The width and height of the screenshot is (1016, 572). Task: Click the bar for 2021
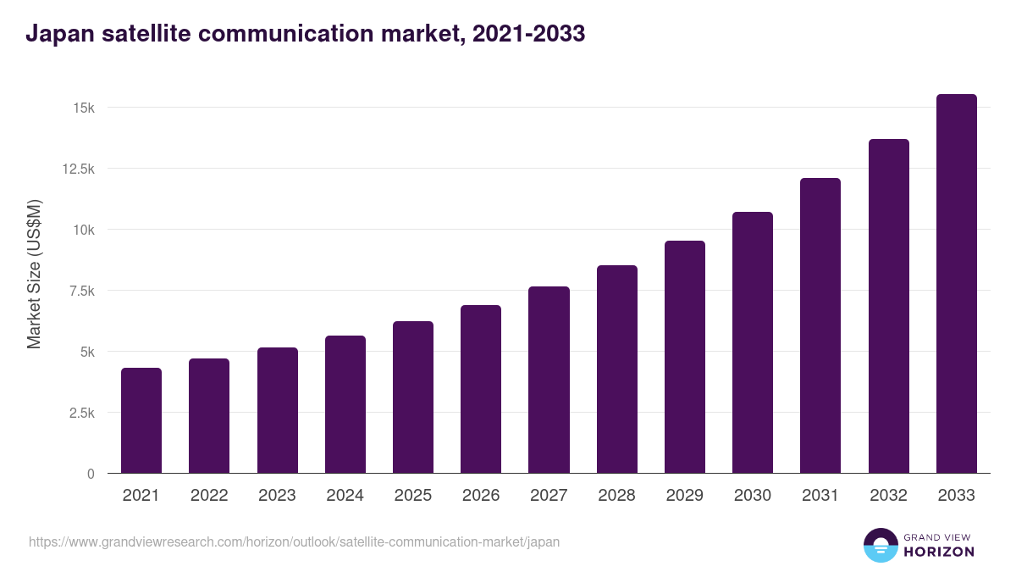pos(141,420)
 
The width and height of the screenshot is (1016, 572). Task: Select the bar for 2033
pos(956,284)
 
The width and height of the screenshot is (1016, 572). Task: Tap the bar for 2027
pos(549,380)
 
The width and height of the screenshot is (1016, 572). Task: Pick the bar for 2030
pos(753,342)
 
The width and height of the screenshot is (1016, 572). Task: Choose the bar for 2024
pos(345,404)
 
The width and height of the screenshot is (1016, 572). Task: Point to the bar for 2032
pos(888,306)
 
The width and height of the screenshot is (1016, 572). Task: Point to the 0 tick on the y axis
pos(90,474)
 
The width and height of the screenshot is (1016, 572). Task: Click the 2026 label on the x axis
pos(481,496)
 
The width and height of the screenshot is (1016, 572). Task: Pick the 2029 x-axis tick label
pos(684,496)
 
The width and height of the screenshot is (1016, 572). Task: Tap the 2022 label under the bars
pos(209,496)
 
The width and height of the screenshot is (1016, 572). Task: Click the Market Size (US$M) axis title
pos(34,275)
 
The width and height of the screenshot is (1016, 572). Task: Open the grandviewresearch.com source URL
pos(294,541)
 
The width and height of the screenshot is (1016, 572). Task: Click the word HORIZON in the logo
pos(939,552)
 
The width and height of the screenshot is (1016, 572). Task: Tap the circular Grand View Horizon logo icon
pos(880,545)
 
